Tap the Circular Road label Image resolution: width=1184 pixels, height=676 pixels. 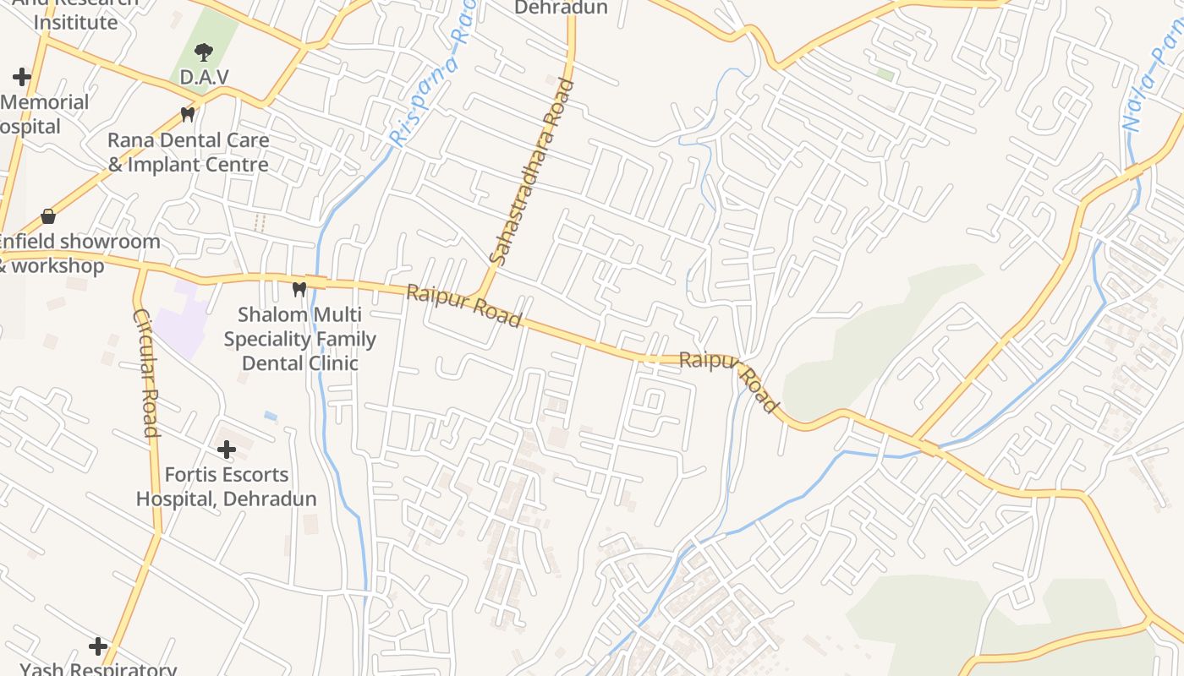(x=145, y=372)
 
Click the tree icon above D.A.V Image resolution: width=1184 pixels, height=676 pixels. (x=203, y=53)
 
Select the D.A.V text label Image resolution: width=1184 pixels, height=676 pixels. (x=204, y=77)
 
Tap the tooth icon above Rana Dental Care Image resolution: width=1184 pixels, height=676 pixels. (x=188, y=113)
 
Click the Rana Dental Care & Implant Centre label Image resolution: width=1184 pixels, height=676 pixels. (x=189, y=152)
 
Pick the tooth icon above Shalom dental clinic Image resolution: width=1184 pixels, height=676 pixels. (x=299, y=289)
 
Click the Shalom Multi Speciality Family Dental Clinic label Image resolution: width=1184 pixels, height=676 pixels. (x=299, y=339)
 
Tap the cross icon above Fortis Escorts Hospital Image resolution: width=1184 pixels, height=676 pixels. (x=226, y=450)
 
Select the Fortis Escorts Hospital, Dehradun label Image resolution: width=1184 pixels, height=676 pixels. (x=226, y=487)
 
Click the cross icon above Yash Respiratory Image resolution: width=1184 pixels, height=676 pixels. (x=98, y=647)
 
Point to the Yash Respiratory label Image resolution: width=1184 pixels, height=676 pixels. (x=98, y=668)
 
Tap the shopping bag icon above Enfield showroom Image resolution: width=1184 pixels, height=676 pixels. (x=48, y=217)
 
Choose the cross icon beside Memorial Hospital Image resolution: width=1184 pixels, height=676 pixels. (x=22, y=78)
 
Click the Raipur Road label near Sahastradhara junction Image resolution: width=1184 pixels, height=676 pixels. (x=463, y=306)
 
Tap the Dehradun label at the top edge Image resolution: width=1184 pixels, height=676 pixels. (x=561, y=8)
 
